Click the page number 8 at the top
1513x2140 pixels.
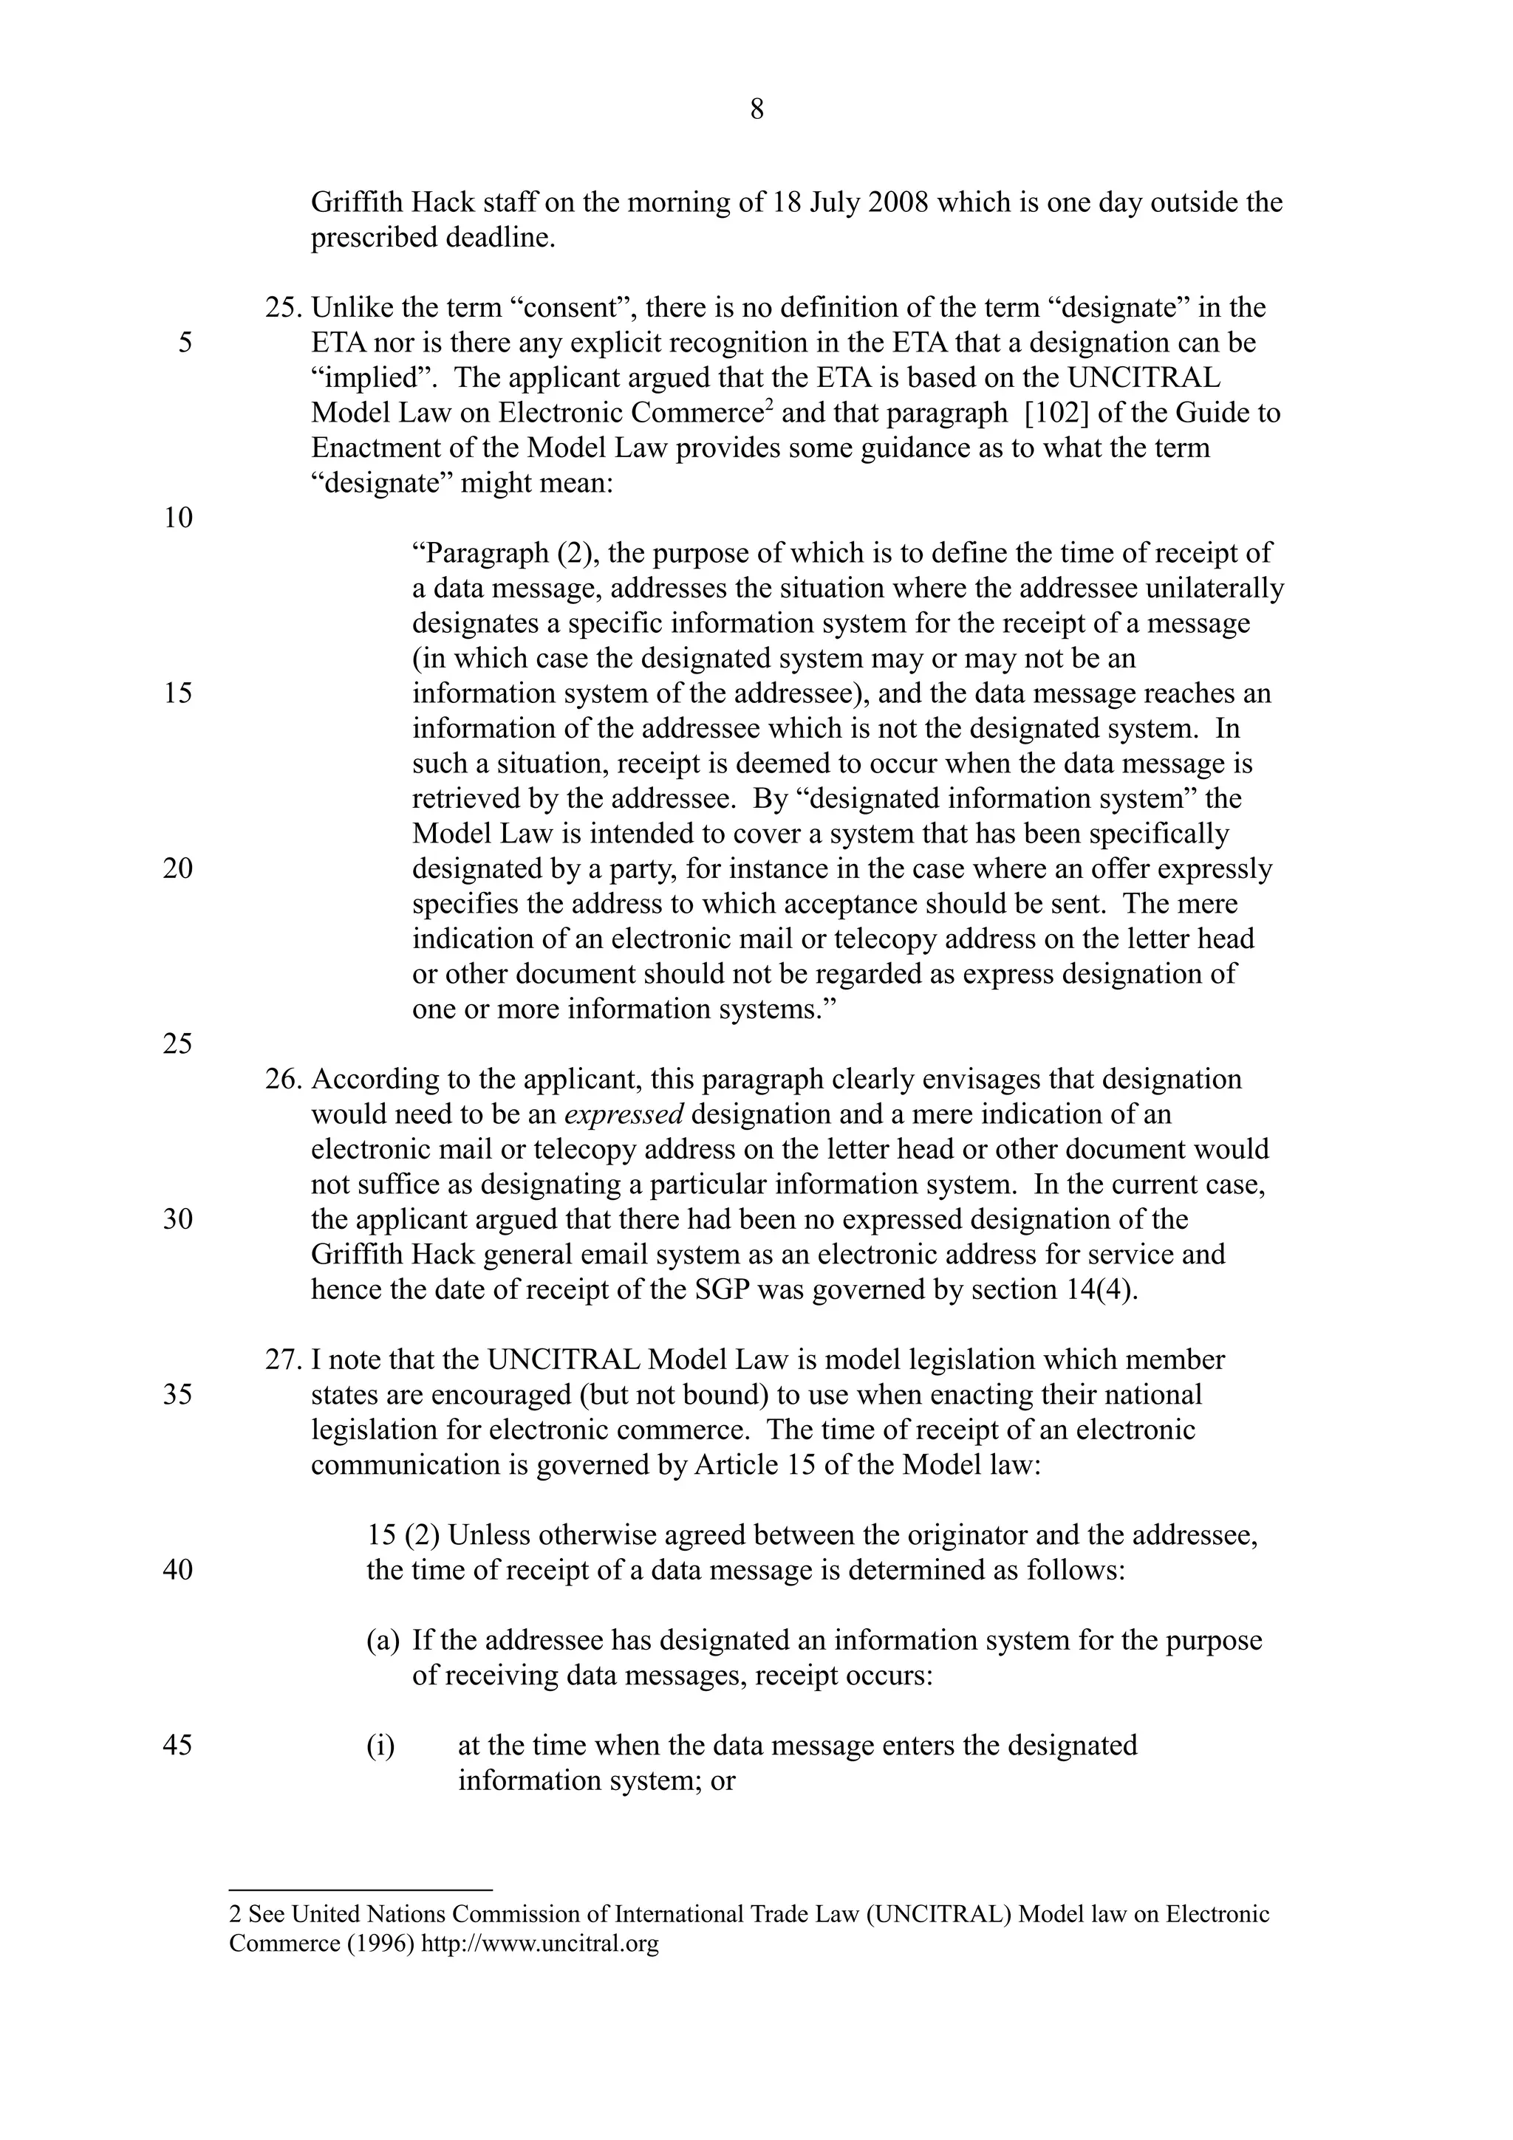(x=756, y=110)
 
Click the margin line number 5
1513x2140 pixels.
(x=185, y=343)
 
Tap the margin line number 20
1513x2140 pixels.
(x=178, y=868)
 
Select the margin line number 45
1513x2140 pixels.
(x=178, y=1745)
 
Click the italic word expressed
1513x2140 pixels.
(x=624, y=1115)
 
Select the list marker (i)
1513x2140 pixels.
(x=380, y=1745)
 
